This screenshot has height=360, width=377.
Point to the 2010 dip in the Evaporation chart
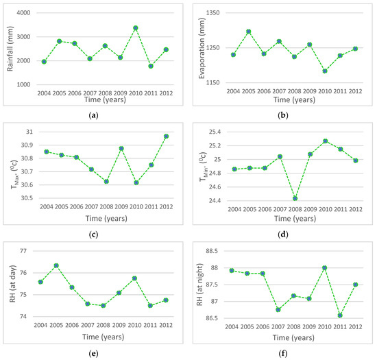click(325, 71)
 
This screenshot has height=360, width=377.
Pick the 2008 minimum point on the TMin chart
click(295, 199)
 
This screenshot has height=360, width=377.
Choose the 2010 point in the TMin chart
click(325, 141)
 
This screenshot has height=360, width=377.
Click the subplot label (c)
click(93, 235)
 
